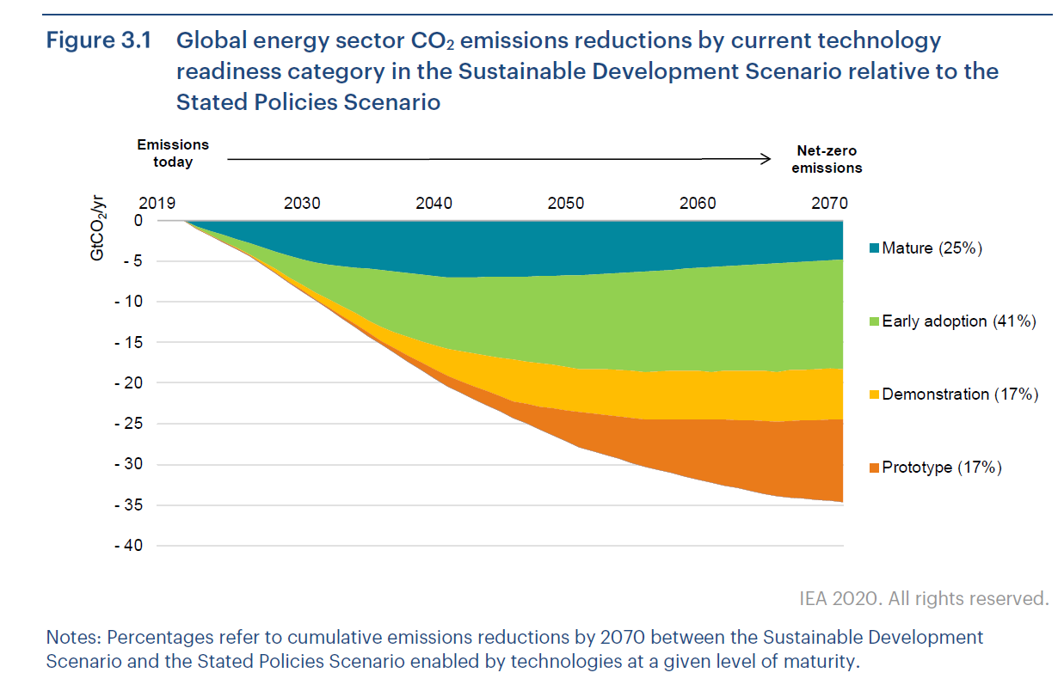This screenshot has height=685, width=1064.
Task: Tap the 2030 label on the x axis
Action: [302, 204]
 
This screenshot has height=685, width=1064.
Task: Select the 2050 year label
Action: [565, 204]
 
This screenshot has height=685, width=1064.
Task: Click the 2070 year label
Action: [829, 204]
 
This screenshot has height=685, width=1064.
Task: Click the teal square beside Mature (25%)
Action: [875, 248]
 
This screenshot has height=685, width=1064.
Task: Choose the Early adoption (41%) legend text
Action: [958, 321]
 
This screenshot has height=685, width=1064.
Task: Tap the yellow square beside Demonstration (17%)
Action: [875, 394]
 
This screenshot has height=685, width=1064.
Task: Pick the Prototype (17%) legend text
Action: [942, 468]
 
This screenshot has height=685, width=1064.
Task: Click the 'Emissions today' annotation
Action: [173, 154]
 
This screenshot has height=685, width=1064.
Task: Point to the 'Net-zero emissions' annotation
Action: [827, 160]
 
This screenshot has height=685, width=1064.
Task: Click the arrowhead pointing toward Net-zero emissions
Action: [765, 158]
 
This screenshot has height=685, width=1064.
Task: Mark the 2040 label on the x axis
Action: [434, 204]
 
